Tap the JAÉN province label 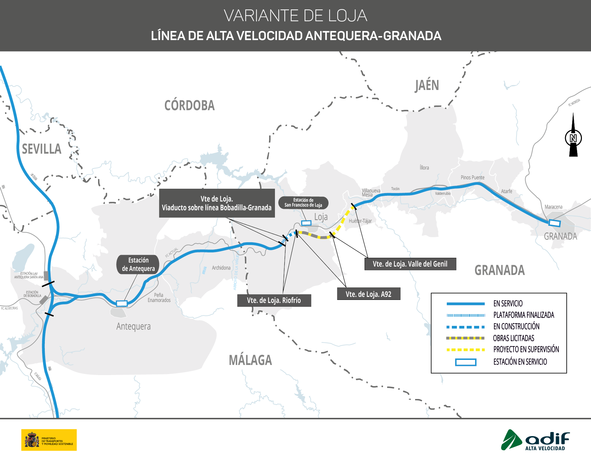(x=427, y=85)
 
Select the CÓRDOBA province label (x=189, y=105)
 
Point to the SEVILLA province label (x=41, y=149)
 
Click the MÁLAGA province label (x=250, y=360)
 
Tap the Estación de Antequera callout (x=138, y=264)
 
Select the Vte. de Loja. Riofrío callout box (x=274, y=300)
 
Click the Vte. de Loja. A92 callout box (x=369, y=294)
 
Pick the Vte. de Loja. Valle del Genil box (x=410, y=264)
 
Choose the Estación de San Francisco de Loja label (x=303, y=203)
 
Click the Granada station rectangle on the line (x=554, y=223)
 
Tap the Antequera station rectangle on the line (x=122, y=303)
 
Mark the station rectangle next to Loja (x=306, y=223)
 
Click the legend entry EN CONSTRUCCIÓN (x=516, y=327)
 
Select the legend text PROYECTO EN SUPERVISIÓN (x=526, y=349)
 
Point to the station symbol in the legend (x=466, y=362)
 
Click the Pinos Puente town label (x=472, y=178)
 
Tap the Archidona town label (x=221, y=268)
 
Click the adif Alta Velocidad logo (x=535, y=440)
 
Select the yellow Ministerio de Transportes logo (x=49, y=440)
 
